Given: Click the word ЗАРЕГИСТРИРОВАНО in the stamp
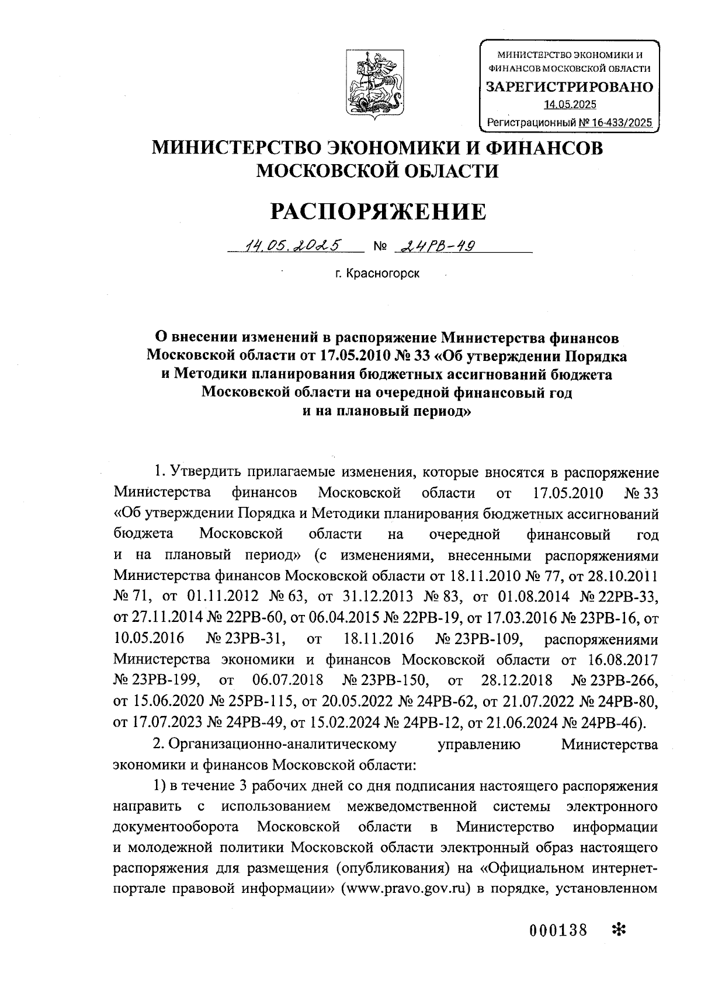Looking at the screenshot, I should pos(570,88).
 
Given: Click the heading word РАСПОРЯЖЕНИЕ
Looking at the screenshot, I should pos(377,211).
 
